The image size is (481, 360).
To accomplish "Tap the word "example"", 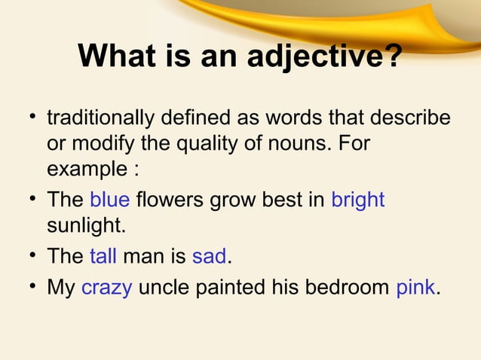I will point(87,169).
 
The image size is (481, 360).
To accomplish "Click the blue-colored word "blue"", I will point(110,200).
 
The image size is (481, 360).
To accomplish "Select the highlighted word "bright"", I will point(358,200).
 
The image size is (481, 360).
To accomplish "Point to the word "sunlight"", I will point(83,224).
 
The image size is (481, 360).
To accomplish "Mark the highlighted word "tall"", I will point(103,256).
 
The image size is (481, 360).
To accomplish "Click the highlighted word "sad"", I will point(209,256).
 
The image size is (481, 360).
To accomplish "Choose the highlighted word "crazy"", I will point(106,288).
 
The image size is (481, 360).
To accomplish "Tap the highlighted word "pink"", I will point(415,288).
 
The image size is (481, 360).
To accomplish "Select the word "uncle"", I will point(165,288).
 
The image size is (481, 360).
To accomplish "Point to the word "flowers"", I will point(170,200).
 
